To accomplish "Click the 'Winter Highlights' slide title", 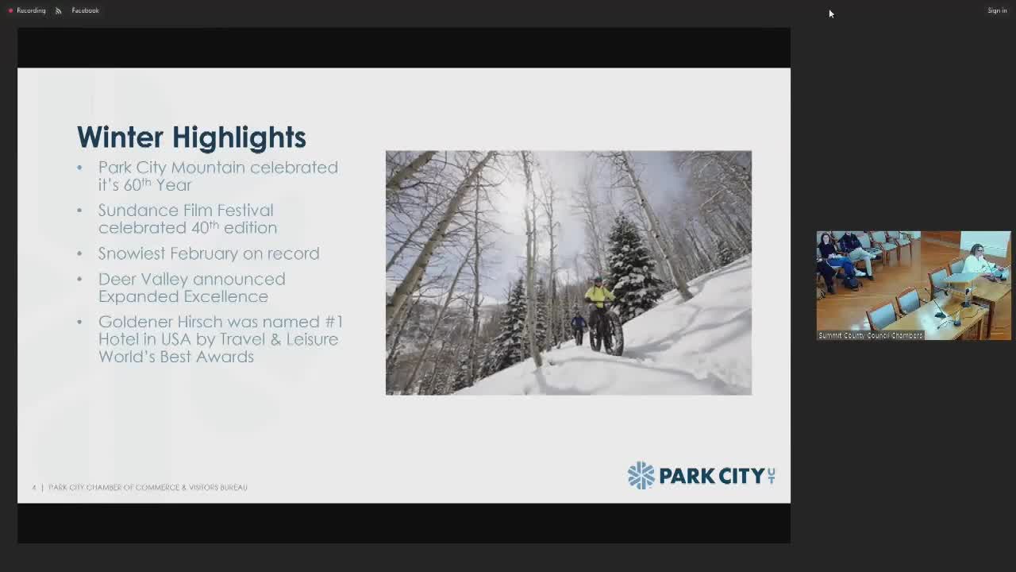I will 191,137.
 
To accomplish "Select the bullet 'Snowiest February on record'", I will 208,253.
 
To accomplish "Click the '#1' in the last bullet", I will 334,322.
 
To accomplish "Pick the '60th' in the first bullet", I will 137,184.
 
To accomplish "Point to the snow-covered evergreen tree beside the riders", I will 632,262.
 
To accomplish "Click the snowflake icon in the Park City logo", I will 641,475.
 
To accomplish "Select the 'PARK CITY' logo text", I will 711,476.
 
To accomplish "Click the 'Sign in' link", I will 997,10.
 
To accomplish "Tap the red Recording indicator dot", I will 10,10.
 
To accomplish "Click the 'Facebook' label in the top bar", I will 85,10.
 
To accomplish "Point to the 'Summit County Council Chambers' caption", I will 870,335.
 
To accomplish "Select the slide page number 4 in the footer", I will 34,487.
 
